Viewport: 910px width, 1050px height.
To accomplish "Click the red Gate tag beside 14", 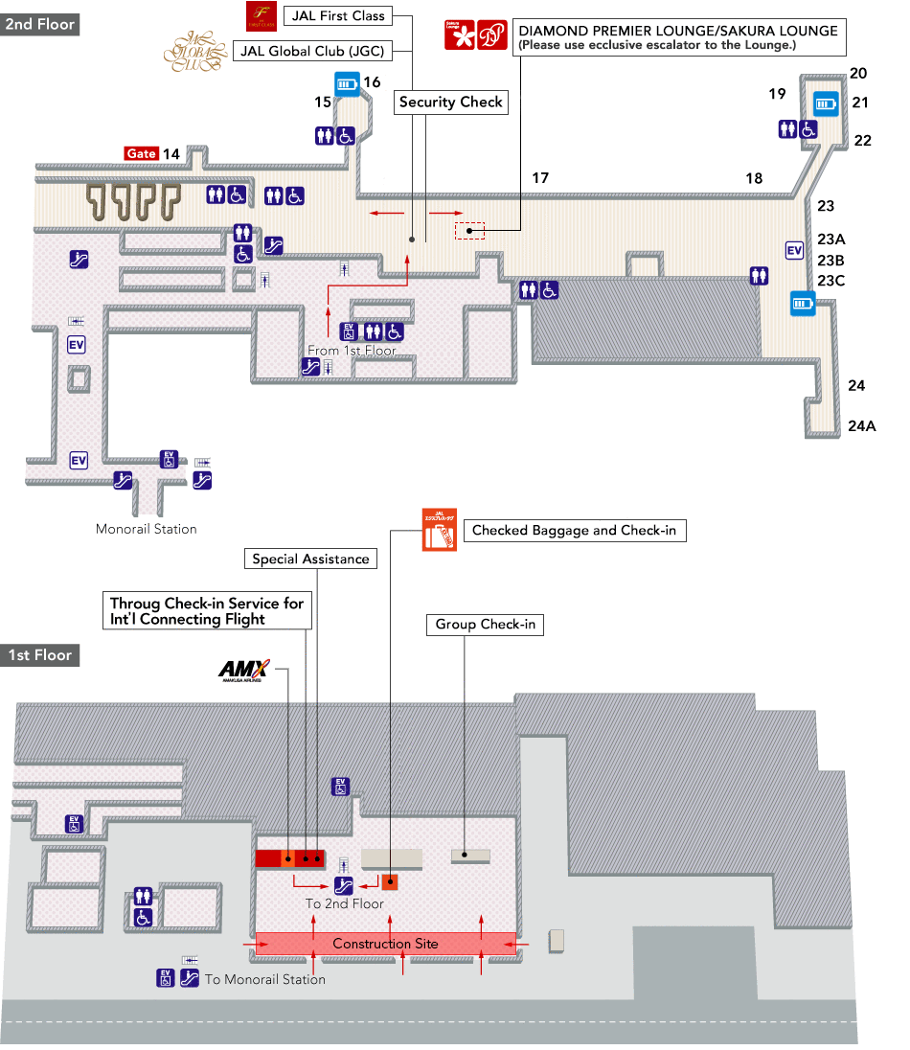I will click(x=142, y=153).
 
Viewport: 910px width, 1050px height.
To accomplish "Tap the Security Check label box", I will click(x=450, y=103).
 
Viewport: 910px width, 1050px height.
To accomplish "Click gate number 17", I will click(x=540, y=178).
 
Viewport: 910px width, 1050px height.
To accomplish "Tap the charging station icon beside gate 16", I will click(x=347, y=84).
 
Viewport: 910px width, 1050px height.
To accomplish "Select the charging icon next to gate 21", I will click(x=826, y=103).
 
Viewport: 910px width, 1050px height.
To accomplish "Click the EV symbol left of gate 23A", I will click(x=794, y=250).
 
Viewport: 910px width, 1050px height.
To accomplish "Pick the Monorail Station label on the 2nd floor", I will click(x=147, y=529).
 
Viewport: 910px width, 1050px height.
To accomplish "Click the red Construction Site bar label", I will click(x=385, y=944).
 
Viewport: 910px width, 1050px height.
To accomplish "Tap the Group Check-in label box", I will click(x=485, y=625).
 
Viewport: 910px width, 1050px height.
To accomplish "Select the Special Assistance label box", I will click(x=310, y=559).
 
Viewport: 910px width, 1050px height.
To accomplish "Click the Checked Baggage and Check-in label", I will click(x=574, y=531).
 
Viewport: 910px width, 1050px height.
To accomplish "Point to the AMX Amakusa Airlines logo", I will click(x=243, y=670).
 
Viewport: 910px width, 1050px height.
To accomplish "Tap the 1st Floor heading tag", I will click(x=39, y=655).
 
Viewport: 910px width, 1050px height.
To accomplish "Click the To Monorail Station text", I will click(x=265, y=979).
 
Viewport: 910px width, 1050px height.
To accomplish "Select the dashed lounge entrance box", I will click(x=469, y=230).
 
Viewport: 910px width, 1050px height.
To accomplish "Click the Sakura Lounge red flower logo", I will click(x=459, y=35).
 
